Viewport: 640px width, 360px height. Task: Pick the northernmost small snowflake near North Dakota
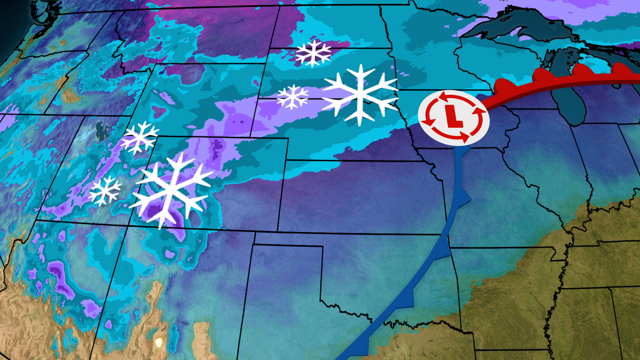click(313, 53)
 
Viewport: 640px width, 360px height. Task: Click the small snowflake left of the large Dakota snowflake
click(293, 97)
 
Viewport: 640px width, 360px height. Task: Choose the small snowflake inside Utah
click(105, 191)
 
